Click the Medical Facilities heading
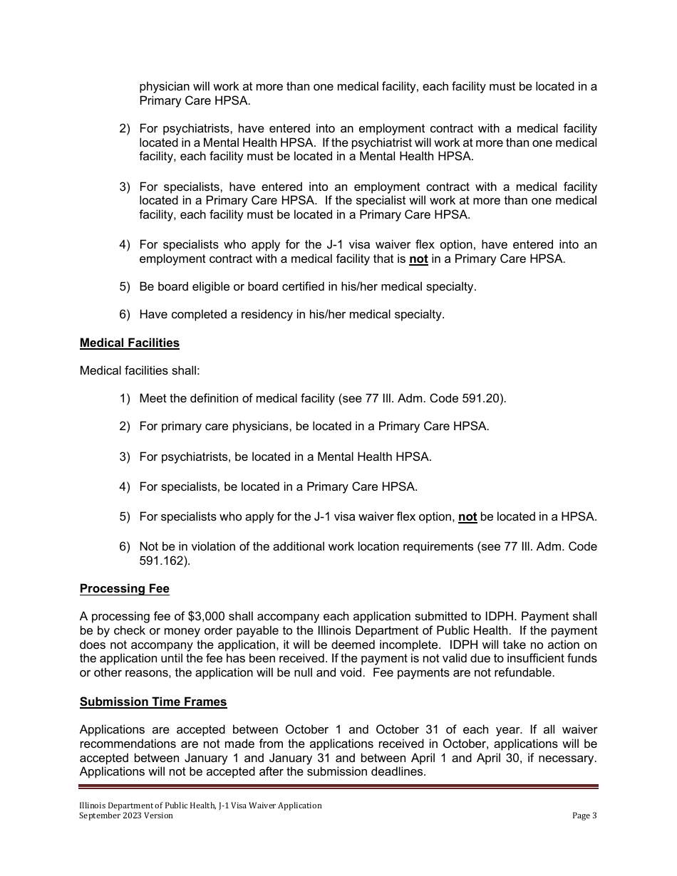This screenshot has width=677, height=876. pos(129,343)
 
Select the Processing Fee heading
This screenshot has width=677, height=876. pos(124,588)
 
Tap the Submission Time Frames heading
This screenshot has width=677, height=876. pos(153,702)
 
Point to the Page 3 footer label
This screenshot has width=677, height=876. pos(584,815)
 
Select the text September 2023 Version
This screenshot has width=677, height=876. pos(126,815)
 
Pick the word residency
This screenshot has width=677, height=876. pos(258,314)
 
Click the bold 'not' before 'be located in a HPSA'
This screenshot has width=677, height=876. pos(467,517)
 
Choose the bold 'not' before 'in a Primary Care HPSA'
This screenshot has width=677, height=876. pos(418,259)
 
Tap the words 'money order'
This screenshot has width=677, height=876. pos(222,630)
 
